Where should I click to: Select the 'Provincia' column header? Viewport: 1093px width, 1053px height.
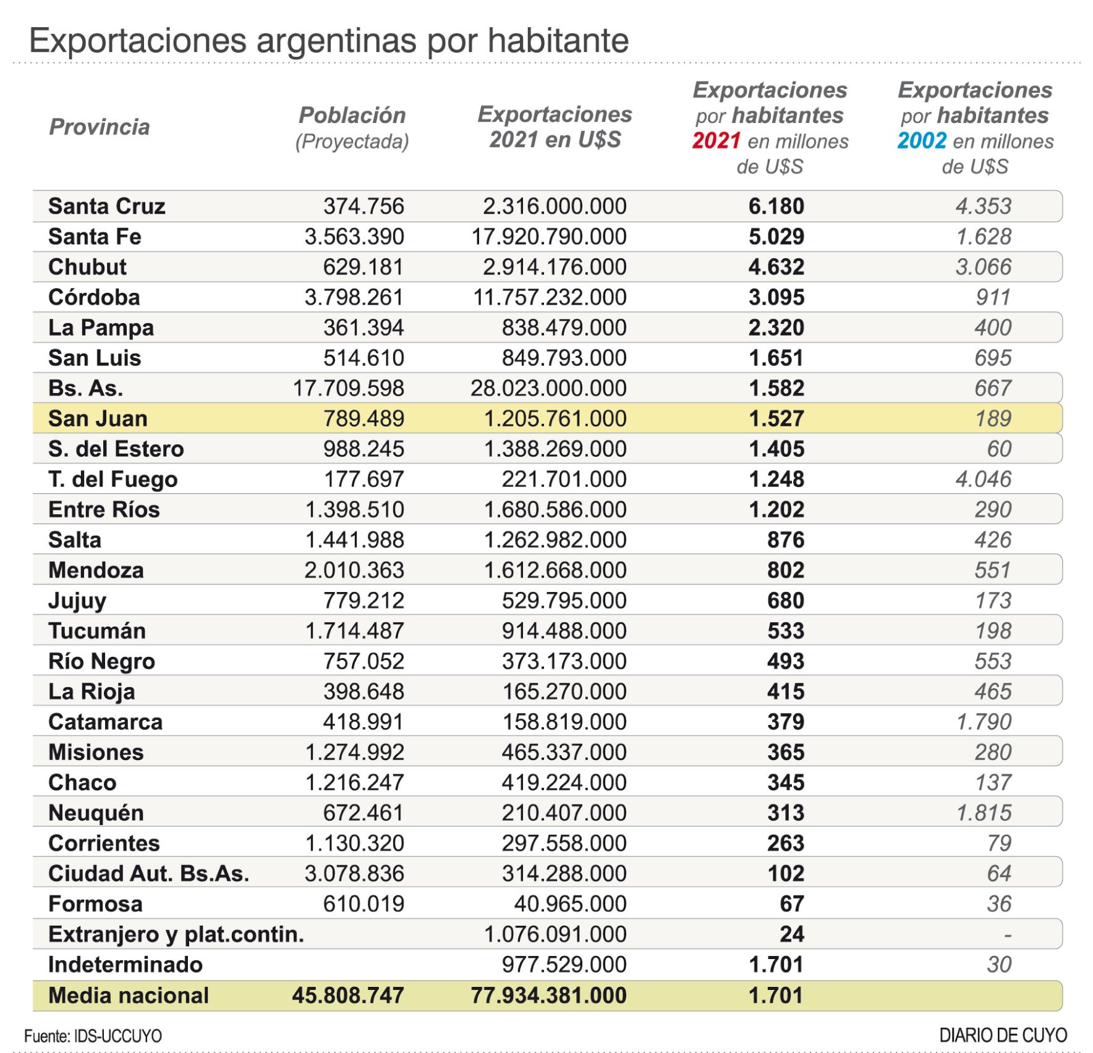[x=100, y=127]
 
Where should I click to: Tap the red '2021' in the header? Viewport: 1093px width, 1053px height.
[x=716, y=141]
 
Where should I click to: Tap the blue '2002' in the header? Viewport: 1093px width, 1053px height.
[x=921, y=141]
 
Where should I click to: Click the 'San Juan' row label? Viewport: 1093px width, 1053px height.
[x=98, y=418]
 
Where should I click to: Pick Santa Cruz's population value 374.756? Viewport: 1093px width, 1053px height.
[x=364, y=206]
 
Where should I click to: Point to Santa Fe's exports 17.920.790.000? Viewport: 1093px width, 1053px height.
[x=549, y=236]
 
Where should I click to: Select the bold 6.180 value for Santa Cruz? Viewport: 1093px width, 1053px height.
[x=776, y=206]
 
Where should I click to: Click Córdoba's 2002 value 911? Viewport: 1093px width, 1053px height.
[x=993, y=297]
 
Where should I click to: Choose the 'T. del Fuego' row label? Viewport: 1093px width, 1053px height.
[x=113, y=479]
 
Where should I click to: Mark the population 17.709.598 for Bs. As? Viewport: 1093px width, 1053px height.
[x=348, y=388]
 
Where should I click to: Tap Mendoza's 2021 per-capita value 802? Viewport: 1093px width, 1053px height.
[x=785, y=570]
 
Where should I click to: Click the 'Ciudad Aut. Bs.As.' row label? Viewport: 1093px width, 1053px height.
[x=148, y=873]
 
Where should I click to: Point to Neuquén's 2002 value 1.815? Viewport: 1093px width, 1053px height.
[x=984, y=813]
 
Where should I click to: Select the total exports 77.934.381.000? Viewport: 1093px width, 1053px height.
[x=548, y=996]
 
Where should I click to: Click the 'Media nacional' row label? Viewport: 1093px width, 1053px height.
[x=129, y=996]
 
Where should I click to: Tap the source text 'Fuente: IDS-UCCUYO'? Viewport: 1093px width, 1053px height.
[x=93, y=1036]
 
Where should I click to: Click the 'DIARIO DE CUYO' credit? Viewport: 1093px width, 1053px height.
[x=1003, y=1035]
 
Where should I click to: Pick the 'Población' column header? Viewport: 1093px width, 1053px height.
[x=352, y=115]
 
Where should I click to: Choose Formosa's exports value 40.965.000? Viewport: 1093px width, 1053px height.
[x=570, y=903]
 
